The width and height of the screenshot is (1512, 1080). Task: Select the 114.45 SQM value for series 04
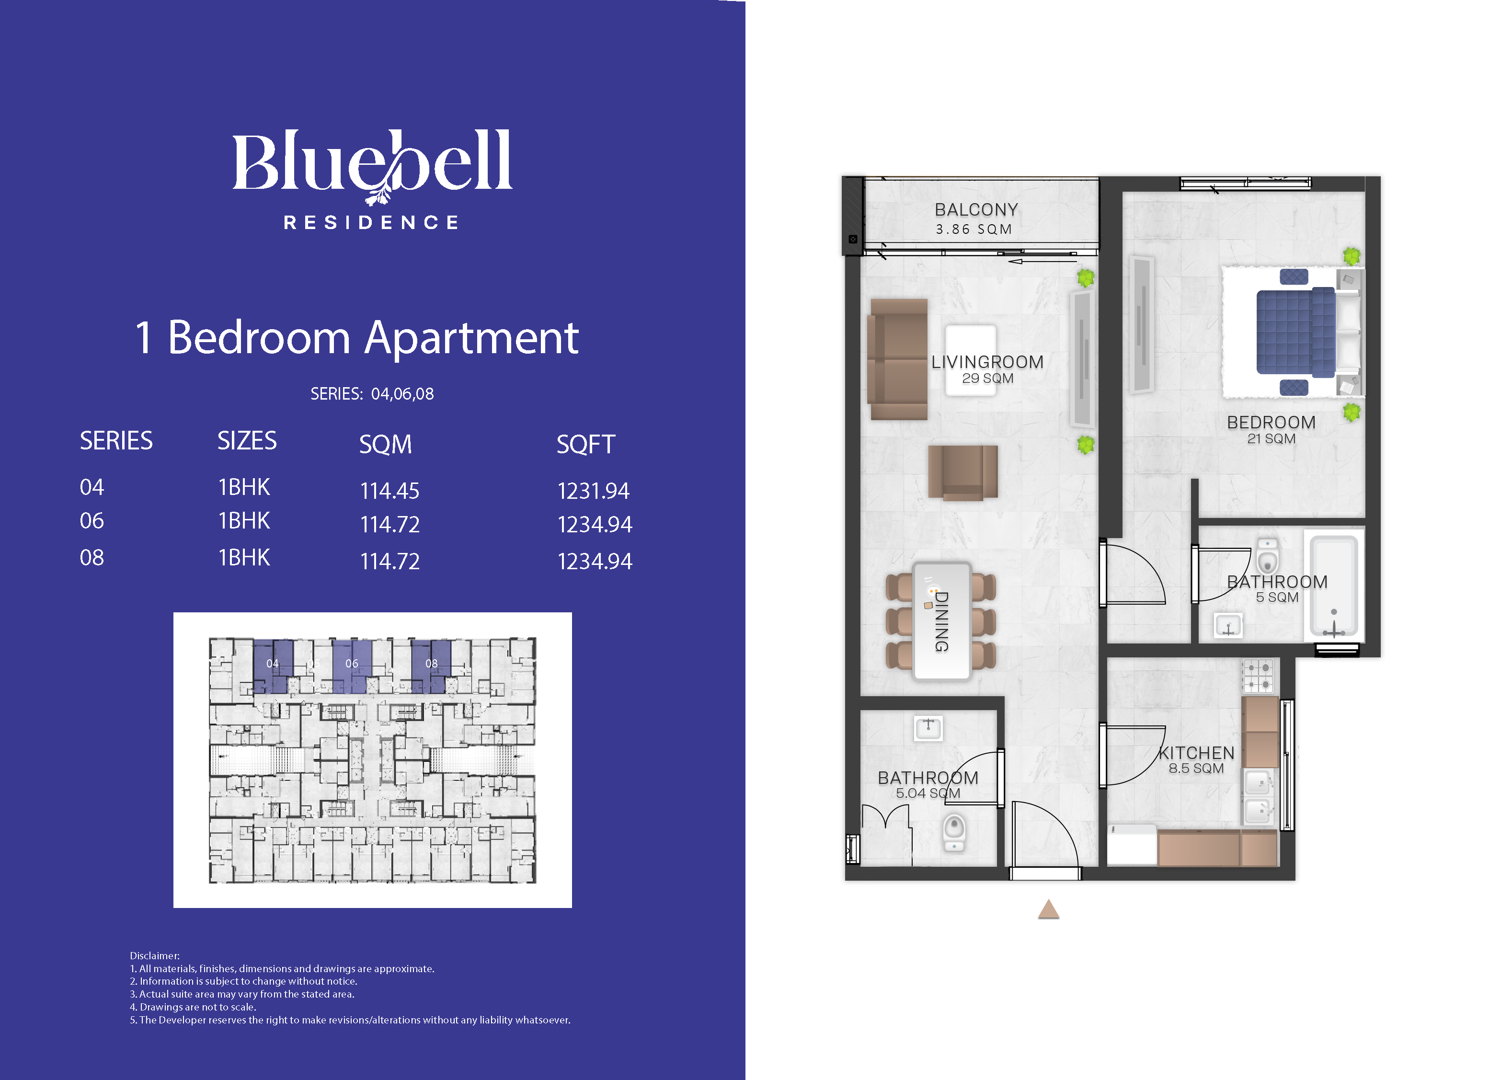[x=389, y=491]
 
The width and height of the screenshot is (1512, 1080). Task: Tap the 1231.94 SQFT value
[x=593, y=491]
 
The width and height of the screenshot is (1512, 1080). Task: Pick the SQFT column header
[x=586, y=444]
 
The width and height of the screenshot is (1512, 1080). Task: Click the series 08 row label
[x=92, y=557]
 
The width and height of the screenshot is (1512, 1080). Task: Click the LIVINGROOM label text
[x=987, y=362]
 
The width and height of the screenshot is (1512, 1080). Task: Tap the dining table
[x=941, y=621]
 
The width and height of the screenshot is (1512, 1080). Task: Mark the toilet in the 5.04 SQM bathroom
[x=955, y=833]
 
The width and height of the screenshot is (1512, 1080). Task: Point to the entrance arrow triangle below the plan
[x=1049, y=909]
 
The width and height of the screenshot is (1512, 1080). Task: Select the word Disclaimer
[x=154, y=955]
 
